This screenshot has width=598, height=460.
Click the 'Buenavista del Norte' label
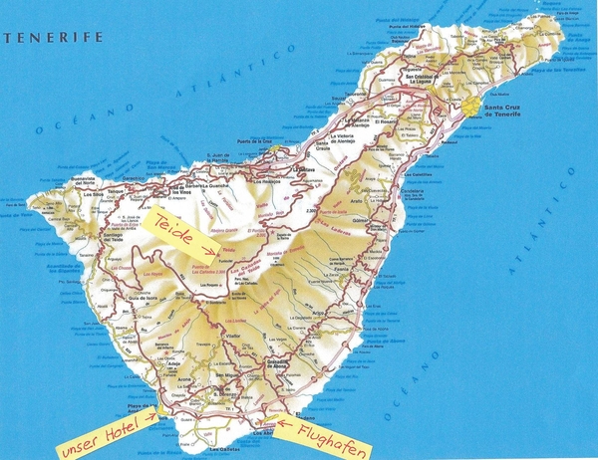tap(91, 180)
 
